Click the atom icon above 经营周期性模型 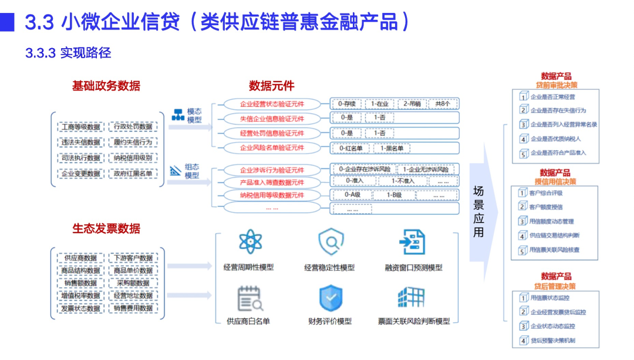coord(249,242)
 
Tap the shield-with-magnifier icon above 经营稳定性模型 coord(330,242)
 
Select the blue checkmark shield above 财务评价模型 coord(330,298)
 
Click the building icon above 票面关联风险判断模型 coord(411,298)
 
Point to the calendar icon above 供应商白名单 coord(249,298)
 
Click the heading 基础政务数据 coord(106,86)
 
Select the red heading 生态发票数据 coord(106,228)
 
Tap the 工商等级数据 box coord(81,126)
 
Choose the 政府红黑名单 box coord(133,173)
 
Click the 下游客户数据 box coord(133,258)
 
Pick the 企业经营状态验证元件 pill coord(272,105)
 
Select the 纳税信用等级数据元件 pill coord(272,195)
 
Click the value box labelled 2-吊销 coord(412,104)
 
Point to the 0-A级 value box coord(352,195)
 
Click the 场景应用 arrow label coord(478,211)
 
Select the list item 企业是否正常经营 coord(552,96)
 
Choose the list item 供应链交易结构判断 coord(555,235)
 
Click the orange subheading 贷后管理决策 coord(555,286)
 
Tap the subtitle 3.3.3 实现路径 coord(68,53)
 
